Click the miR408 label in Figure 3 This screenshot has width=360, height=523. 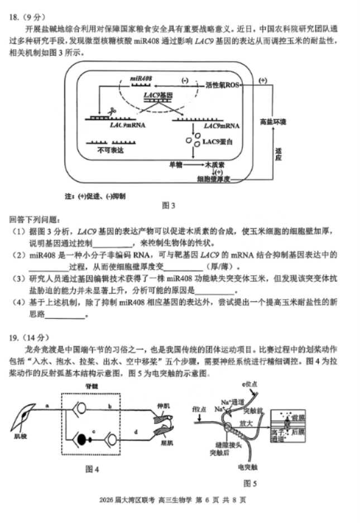[x=141, y=79]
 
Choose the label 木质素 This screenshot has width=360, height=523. [x=214, y=165]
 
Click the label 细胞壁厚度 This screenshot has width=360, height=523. [x=214, y=179]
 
